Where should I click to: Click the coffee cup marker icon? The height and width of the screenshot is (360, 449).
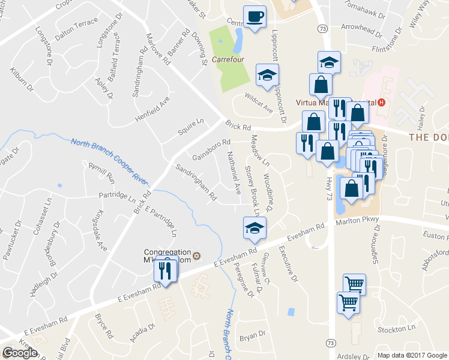tap(255, 16)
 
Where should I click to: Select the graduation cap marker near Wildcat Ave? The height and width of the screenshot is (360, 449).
tap(267, 74)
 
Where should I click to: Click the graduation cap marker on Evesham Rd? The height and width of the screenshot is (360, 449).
tap(255, 227)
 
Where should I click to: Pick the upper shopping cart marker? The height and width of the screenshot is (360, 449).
tap(354, 284)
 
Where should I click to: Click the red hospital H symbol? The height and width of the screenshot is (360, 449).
tap(381, 102)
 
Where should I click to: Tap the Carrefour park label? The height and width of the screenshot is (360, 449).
tap(227, 61)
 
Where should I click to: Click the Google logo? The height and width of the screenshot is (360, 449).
tap(19, 353)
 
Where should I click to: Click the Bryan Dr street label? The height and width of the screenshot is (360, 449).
tap(252, 335)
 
